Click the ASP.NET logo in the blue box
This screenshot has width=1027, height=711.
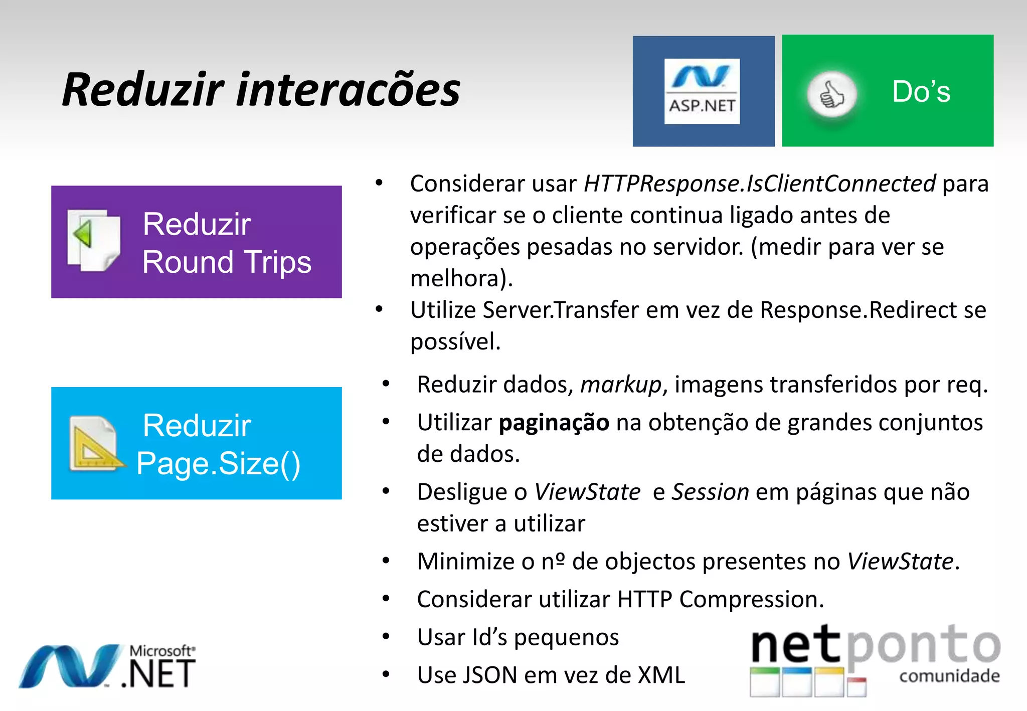702,91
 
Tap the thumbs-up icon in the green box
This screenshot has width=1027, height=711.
831,94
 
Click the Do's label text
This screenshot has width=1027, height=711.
921,92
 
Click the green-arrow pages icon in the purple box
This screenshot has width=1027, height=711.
94,240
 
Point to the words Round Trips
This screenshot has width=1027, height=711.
227,262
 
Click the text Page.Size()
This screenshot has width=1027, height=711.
218,463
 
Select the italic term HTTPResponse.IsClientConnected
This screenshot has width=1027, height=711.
759,184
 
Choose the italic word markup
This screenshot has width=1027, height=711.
621,385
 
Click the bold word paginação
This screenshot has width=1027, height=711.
554,423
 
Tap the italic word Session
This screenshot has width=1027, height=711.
710,492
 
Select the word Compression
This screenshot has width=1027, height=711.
751,599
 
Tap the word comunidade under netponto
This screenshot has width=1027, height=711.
949,676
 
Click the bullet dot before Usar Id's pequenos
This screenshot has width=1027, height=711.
386,637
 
